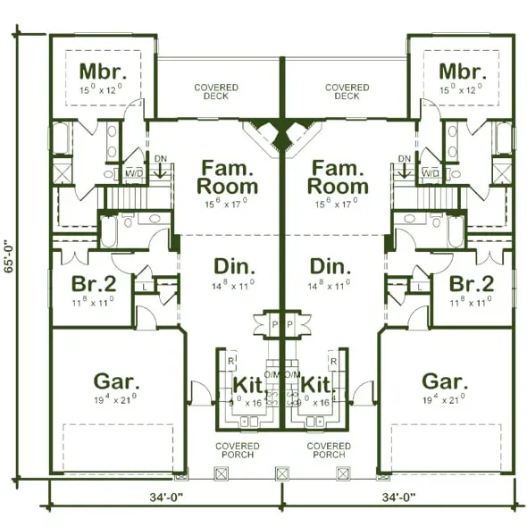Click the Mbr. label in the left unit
click(x=101, y=71)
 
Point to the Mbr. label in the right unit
click(x=462, y=71)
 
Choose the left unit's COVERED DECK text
click(x=216, y=92)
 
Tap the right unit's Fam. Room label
click(x=338, y=178)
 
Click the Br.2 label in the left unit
click(x=93, y=284)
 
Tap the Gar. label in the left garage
click(x=116, y=381)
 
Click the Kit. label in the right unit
click(x=317, y=384)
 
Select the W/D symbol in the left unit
click(x=134, y=172)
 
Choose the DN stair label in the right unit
click(x=404, y=159)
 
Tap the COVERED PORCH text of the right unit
click(x=329, y=449)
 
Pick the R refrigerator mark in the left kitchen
click(x=231, y=362)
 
